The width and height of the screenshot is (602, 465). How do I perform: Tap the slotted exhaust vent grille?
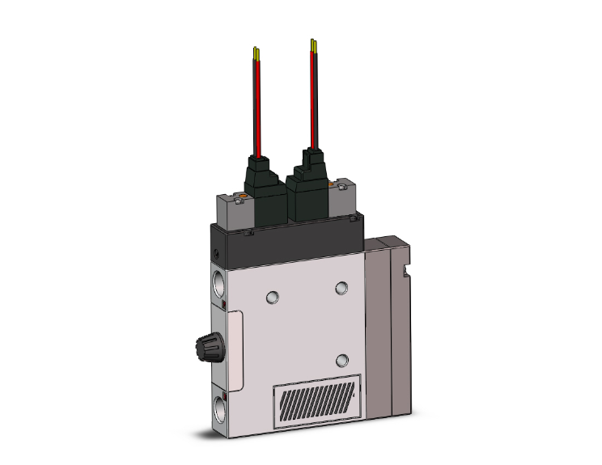(318, 402)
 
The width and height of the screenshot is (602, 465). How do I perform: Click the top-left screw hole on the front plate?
(273, 296)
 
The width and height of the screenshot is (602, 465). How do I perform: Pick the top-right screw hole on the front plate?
(341, 287)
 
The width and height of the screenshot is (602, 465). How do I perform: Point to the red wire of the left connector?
(258, 105)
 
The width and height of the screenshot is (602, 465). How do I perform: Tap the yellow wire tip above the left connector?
(256, 53)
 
